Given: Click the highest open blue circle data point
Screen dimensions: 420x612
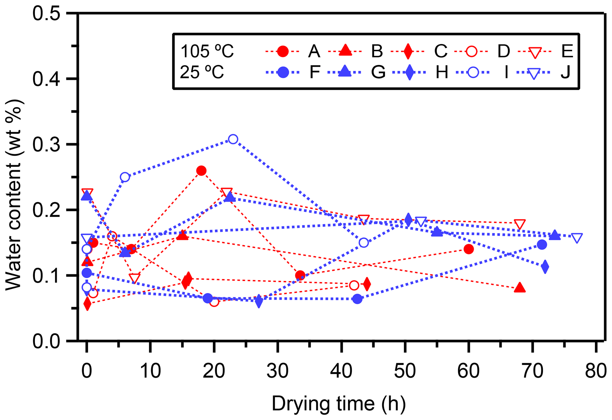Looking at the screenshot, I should point(233,139).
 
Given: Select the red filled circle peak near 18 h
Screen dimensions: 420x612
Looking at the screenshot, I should point(201,171).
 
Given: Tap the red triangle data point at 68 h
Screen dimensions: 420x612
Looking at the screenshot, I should point(520,288).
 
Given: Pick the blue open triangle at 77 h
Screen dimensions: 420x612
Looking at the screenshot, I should point(577,238).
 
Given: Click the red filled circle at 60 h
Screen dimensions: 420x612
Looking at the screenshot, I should point(469,249).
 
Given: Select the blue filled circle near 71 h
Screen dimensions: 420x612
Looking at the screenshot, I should point(542,245).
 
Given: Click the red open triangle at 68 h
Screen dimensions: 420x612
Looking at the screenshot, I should point(520,224).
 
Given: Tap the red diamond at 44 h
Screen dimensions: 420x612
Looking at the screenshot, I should point(367,284).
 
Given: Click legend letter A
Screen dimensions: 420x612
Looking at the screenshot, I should point(314,51).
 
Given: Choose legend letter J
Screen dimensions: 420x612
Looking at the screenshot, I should point(565,72).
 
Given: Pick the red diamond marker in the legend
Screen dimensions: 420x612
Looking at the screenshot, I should point(408,51).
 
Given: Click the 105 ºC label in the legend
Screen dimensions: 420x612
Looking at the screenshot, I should point(207,51).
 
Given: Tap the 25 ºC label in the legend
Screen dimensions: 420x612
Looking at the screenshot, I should point(202,72).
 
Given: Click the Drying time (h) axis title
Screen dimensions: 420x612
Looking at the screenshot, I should point(339,404).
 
